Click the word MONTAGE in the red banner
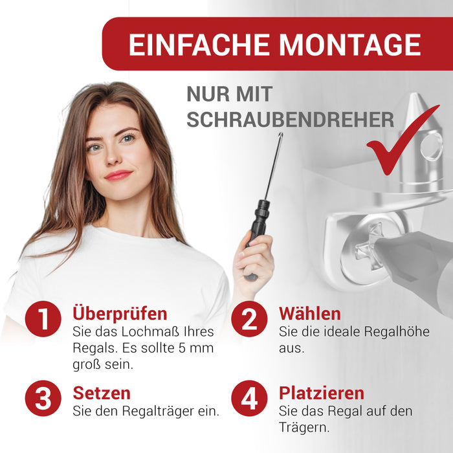point(350,44)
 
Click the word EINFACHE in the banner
point(199,44)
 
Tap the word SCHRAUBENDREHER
point(291,119)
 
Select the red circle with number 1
point(43,318)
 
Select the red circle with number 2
point(249,318)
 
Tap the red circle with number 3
point(43,398)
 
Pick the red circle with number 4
point(249,398)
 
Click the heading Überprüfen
point(120,314)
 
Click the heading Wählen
point(310,313)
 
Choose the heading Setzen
point(102,393)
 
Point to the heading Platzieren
point(322,393)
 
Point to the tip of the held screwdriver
point(280,133)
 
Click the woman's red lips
point(118,175)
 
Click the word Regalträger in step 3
point(158,412)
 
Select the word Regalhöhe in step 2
point(397,331)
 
